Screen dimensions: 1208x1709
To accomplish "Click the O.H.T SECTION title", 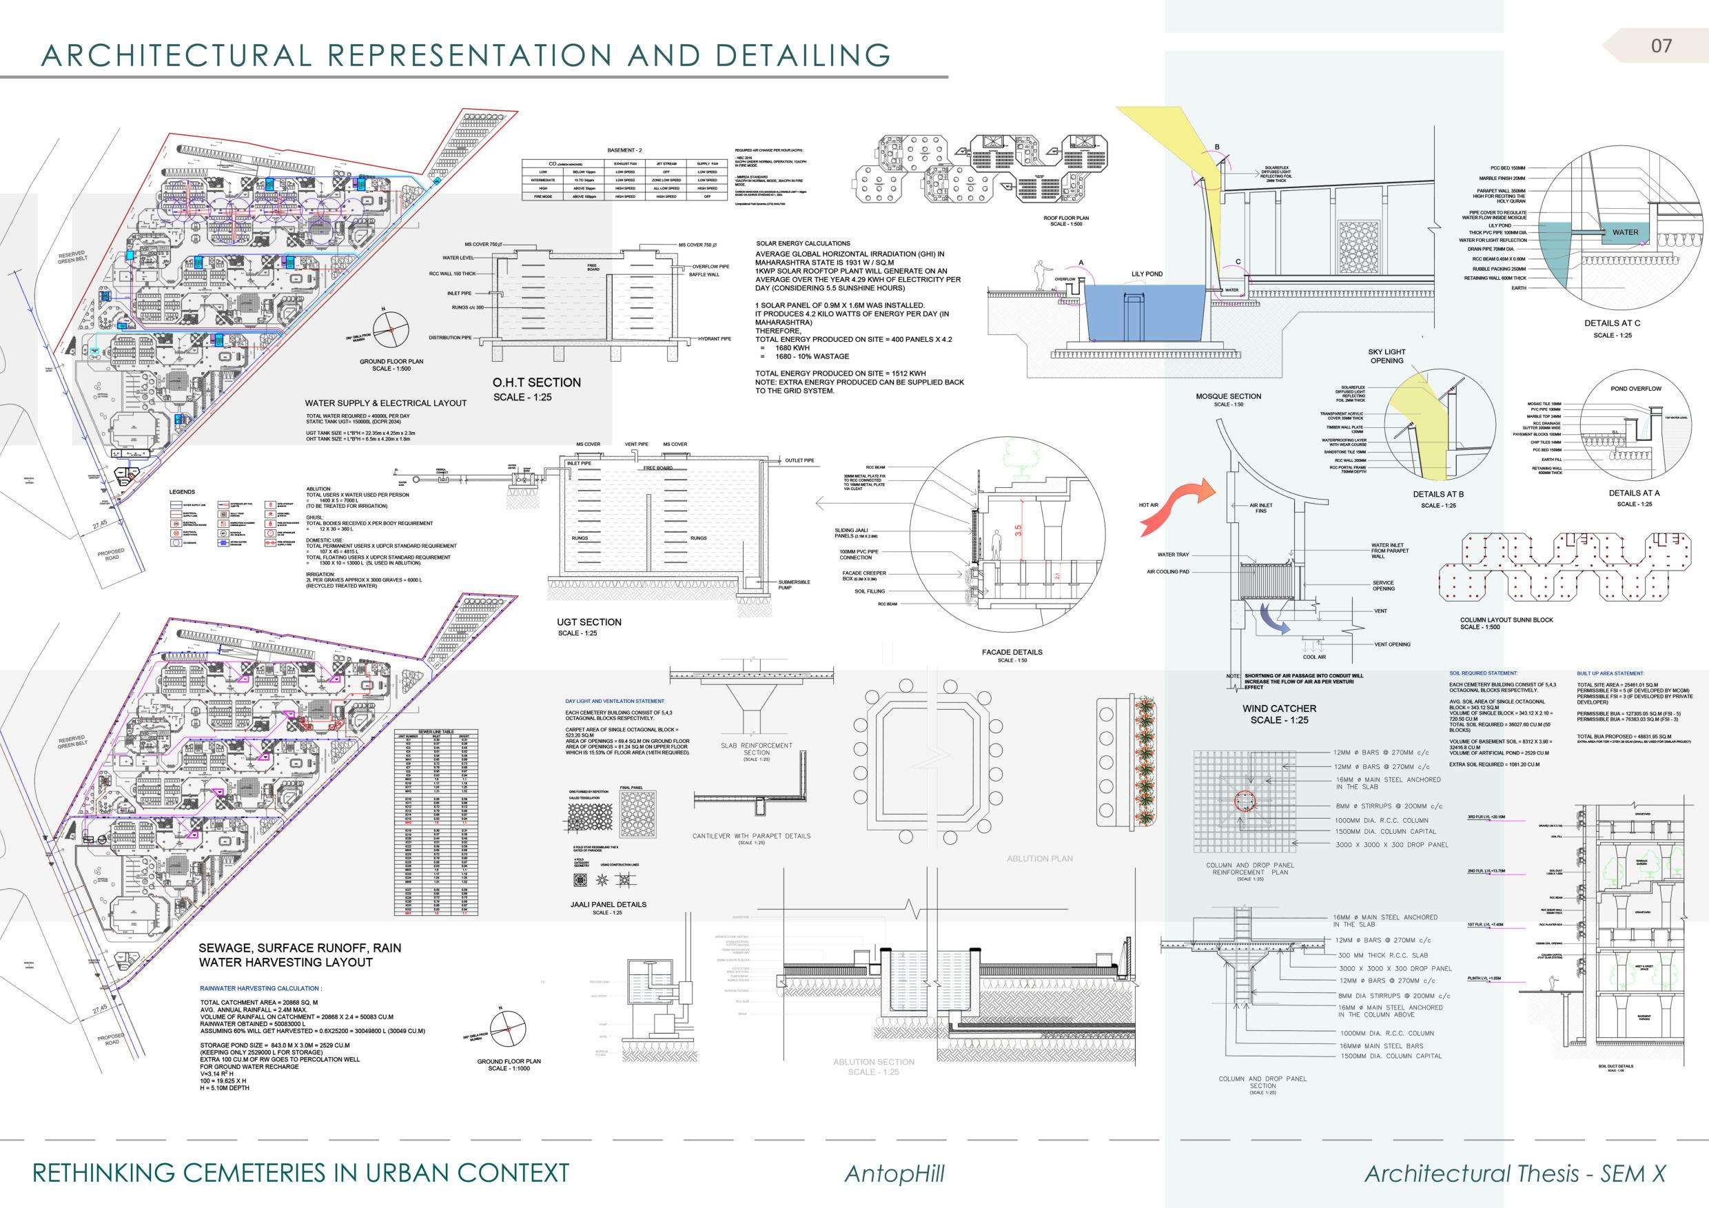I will click(536, 382).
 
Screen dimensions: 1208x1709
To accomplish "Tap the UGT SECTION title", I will click(589, 622).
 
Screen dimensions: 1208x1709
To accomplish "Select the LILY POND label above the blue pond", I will click(1147, 274).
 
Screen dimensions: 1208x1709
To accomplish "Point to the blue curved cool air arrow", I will click(1272, 620).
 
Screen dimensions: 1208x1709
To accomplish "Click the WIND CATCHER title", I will click(1279, 708).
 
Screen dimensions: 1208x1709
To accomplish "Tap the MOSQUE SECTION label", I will click(1228, 396).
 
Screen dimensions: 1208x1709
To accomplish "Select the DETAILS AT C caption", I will click(1613, 323).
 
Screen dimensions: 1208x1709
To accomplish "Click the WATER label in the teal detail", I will click(1625, 232).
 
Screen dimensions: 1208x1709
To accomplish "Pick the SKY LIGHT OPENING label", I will click(1386, 356).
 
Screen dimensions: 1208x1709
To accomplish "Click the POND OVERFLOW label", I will click(1635, 389).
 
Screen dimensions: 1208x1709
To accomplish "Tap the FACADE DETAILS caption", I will click(1012, 652).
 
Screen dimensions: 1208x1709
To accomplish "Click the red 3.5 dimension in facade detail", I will click(1018, 530).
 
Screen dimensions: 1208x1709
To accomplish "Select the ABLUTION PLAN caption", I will click(1039, 858).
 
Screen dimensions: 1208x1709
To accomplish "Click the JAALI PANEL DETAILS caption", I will click(603, 904).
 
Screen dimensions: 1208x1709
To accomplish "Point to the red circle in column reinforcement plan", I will click(1244, 801).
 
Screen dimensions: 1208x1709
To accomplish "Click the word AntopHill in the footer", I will click(894, 1174).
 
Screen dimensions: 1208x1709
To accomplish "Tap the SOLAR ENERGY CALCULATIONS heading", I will click(802, 243).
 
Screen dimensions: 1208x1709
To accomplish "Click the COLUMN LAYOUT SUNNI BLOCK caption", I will click(1506, 620).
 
